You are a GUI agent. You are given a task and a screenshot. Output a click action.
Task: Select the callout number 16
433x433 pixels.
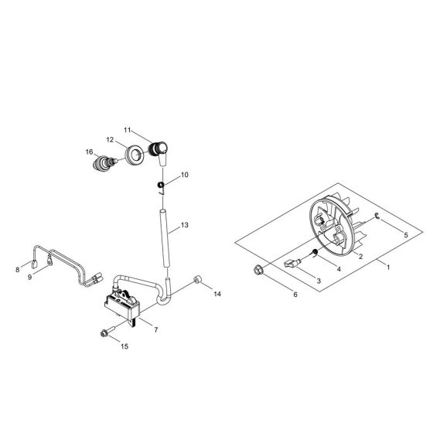tap(89, 152)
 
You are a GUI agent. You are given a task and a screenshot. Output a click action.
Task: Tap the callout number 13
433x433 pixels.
tap(185, 227)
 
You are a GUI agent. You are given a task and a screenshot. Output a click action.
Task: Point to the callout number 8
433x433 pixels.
tap(17, 270)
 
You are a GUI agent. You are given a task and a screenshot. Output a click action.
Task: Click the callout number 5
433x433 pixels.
tap(404, 234)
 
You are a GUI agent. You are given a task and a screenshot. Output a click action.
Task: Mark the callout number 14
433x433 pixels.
tap(217, 295)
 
